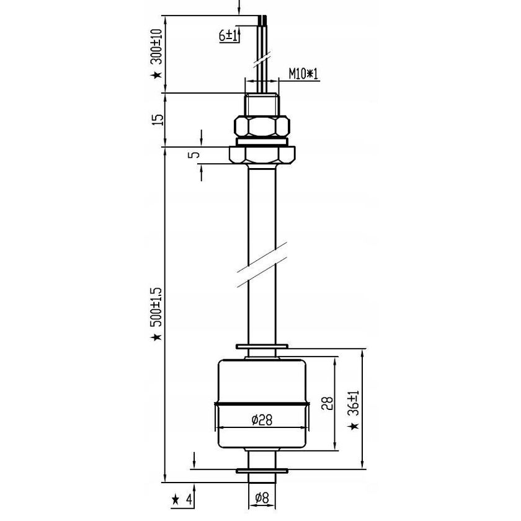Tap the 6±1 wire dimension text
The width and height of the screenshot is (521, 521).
tap(229, 36)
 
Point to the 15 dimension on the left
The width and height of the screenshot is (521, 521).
tap(157, 120)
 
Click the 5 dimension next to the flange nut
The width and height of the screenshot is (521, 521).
tap(197, 154)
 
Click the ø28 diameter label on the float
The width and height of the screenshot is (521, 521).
tap(261, 421)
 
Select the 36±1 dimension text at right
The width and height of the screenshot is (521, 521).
tap(354, 403)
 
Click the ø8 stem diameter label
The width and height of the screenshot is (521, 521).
tap(261, 496)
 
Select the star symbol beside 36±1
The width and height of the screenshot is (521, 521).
tap(354, 427)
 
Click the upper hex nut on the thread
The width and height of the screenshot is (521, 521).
tap(261, 127)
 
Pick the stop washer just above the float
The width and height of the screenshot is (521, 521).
tap(261, 347)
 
